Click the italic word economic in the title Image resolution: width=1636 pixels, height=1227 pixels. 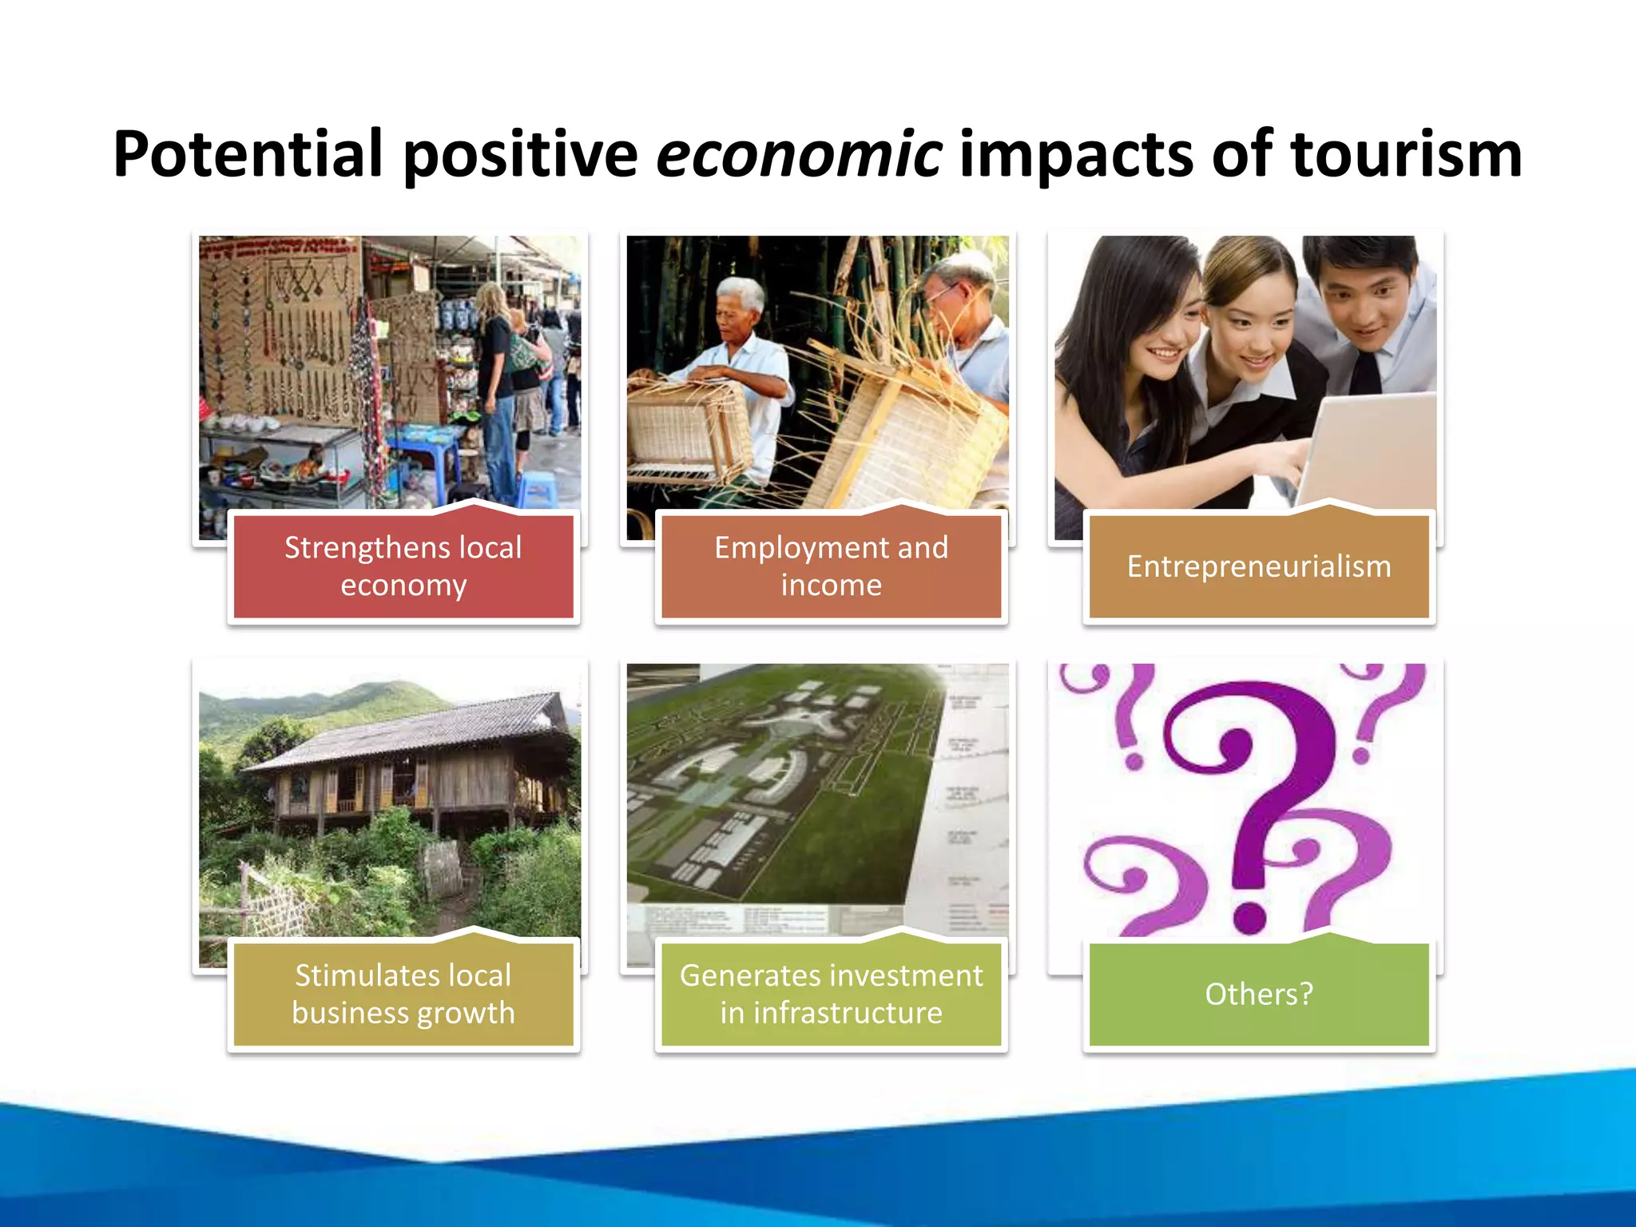[x=798, y=154]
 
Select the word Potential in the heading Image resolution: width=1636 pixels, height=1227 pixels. [x=248, y=154]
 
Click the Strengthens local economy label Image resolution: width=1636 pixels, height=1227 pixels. [x=403, y=566]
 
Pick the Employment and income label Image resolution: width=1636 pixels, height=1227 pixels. [x=831, y=566]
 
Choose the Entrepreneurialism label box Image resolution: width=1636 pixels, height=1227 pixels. [x=1259, y=566]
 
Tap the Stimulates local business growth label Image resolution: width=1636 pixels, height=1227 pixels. [x=403, y=994]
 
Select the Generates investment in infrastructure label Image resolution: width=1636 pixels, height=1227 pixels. [x=831, y=994]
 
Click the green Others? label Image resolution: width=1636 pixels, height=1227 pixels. [x=1259, y=994]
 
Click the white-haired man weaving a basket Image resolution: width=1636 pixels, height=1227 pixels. [x=743, y=351]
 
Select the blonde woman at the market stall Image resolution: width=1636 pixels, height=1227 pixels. [x=495, y=375]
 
